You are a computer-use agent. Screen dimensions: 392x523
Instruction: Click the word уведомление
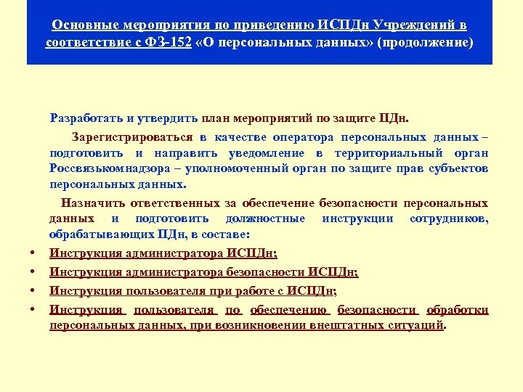pyautogui.click(x=275, y=153)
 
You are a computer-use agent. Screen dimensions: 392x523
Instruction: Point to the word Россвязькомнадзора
pyautogui.click(x=108, y=168)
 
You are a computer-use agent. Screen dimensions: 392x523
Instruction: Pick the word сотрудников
pyautogui.click(x=448, y=219)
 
